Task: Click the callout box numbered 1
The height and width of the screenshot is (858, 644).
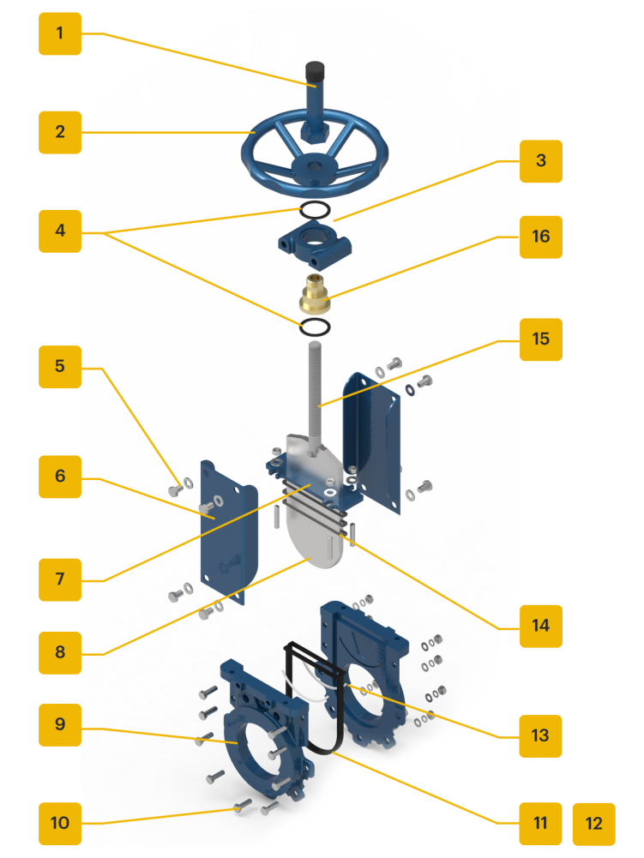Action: click(x=60, y=34)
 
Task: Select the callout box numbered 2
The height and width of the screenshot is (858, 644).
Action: click(x=60, y=132)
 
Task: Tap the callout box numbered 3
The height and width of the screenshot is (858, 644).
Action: click(x=540, y=160)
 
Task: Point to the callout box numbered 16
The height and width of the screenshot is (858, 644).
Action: click(x=540, y=236)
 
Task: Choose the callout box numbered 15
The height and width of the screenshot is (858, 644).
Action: click(x=540, y=339)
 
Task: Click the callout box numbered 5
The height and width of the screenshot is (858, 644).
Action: click(x=60, y=366)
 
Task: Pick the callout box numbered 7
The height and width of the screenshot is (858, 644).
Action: click(x=60, y=579)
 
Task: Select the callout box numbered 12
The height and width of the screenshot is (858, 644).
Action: click(x=594, y=824)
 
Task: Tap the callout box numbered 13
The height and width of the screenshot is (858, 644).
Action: click(x=540, y=735)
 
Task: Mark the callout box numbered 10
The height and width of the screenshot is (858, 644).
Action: click(x=60, y=824)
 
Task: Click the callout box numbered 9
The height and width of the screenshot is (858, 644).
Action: click(x=60, y=724)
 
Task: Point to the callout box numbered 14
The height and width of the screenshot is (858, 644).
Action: click(x=540, y=626)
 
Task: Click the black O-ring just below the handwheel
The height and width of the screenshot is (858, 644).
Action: click(x=314, y=209)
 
